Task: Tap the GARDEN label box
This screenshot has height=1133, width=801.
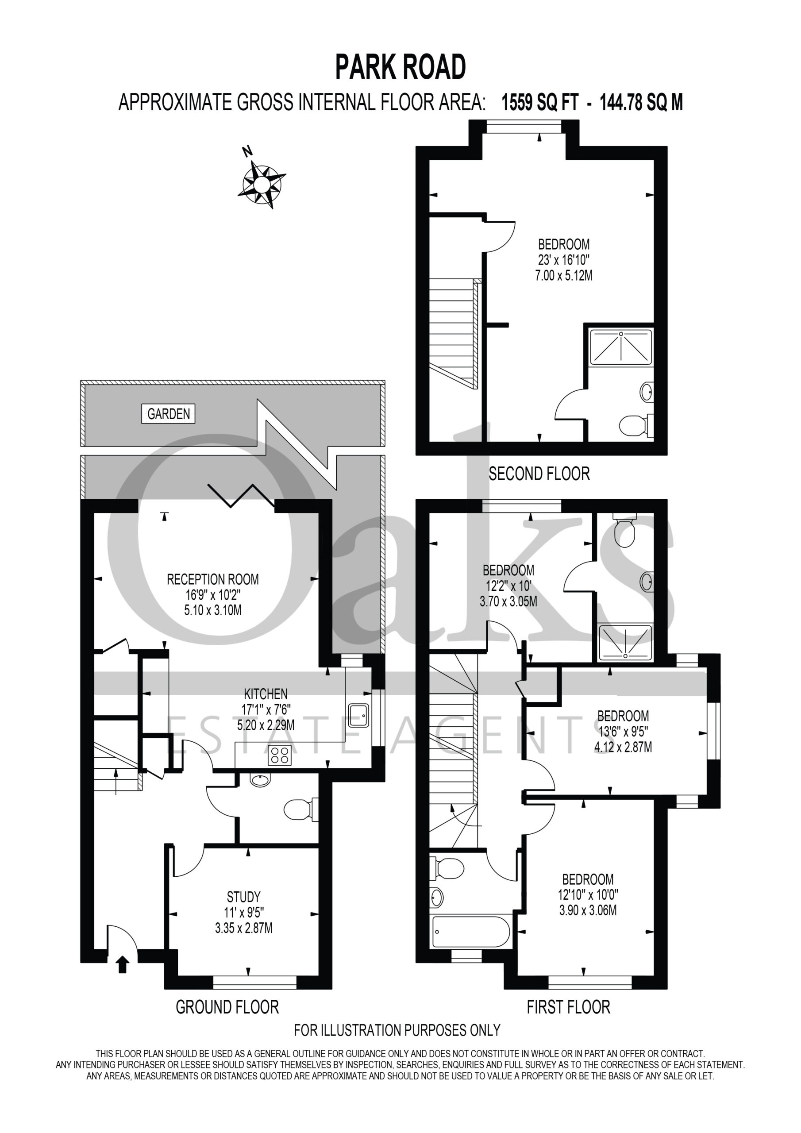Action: [x=168, y=413]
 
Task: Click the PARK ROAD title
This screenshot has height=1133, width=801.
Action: [x=400, y=67]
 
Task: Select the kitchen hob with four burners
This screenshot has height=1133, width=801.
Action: [x=280, y=755]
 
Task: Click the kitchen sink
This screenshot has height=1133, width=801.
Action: [x=359, y=715]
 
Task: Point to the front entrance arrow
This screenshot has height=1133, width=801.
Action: [x=123, y=964]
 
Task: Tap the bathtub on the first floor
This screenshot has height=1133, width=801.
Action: [x=470, y=931]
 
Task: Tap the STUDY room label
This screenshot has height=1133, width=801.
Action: [x=244, y=897]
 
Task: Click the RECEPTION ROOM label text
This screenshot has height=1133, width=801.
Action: [x=213, y=579]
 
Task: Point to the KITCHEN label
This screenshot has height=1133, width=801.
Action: [x=266, y=694]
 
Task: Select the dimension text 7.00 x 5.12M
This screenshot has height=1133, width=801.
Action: [x=564, y=275]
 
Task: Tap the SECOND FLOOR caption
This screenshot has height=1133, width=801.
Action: [x=539, y=474]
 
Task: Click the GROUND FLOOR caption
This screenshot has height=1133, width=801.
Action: [x=227, y=1007]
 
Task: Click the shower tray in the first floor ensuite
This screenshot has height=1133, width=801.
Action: [x=625, y=642]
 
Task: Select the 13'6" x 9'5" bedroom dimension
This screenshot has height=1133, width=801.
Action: [x=623, y=731]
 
